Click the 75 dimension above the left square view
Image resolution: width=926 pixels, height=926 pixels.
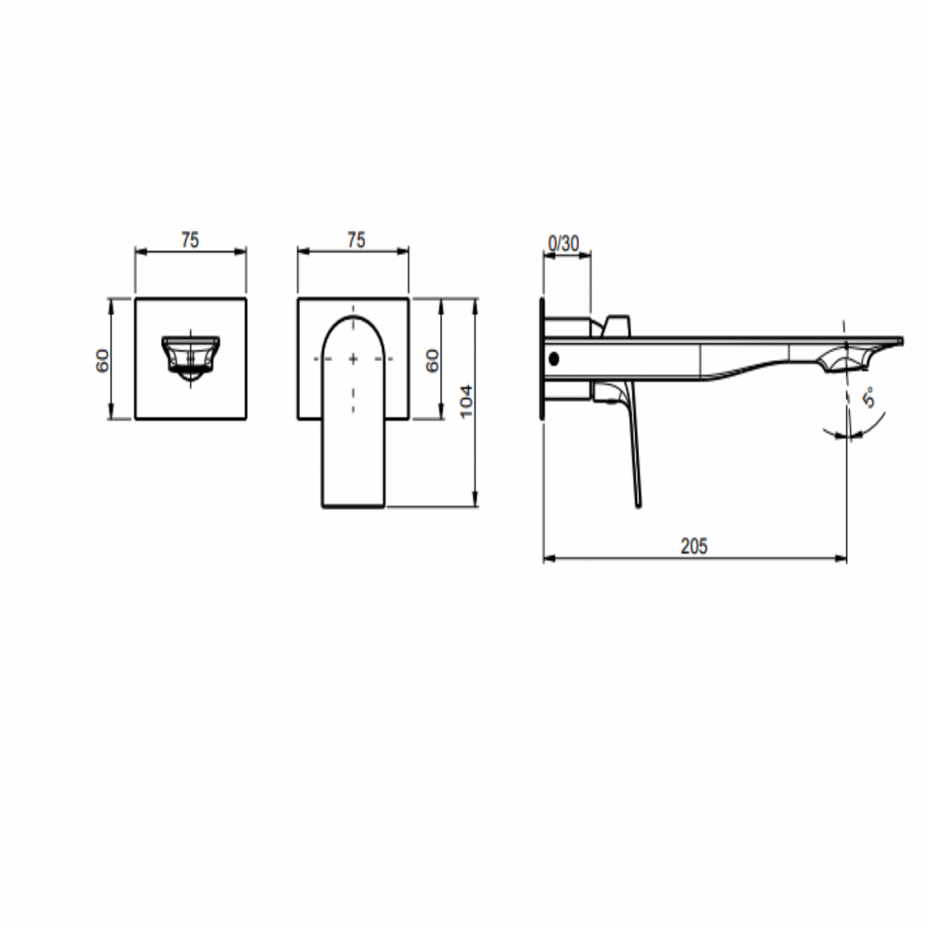pos(189,241)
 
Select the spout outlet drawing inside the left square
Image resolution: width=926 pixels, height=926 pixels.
pos(190,354)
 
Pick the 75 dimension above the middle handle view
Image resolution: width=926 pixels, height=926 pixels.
pos(356,241)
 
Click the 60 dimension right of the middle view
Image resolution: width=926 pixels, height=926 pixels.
pos(432,360)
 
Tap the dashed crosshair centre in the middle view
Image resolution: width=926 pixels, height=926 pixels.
pos(354,359)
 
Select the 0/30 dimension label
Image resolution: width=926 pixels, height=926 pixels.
pos(563,244)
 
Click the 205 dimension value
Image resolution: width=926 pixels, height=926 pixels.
pos(694,546)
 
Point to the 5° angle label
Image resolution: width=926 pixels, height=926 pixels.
pos(870,397)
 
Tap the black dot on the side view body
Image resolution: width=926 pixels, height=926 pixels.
pos(554,360)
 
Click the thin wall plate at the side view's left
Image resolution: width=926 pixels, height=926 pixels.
pos(541,360)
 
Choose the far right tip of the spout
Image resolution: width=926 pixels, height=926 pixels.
pos(902,340)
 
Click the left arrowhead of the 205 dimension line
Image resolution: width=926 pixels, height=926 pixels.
pos(547,558)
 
